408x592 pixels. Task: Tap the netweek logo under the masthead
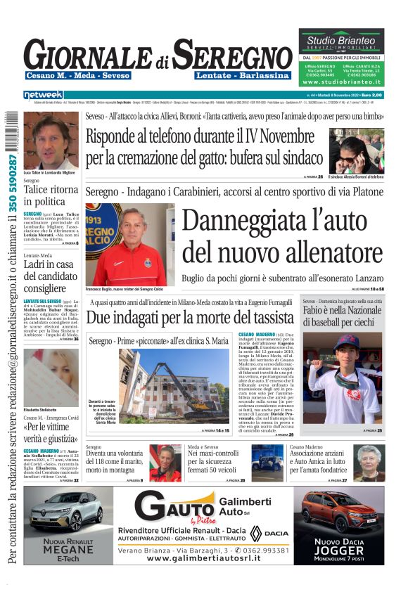coord(43,95)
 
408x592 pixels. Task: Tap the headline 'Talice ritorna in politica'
coord(51,195)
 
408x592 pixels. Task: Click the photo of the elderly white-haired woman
coord(368,461)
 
